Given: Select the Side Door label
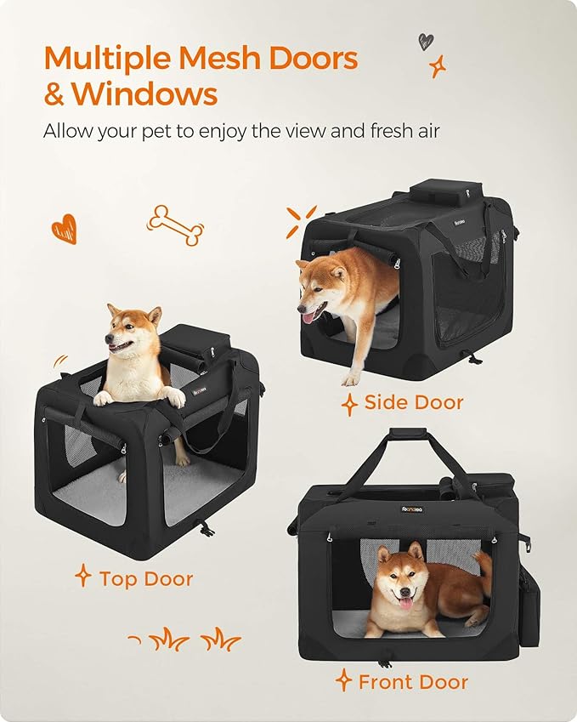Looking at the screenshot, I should (414, 402).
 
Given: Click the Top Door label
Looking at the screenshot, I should (145, 579).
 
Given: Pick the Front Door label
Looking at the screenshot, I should (413, 681).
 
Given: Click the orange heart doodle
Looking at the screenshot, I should (64, 228).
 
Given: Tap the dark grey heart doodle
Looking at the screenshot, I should (426, 41).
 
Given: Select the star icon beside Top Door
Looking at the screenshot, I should (82, 577).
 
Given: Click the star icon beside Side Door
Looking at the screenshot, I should (349, 403).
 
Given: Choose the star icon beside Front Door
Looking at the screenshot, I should (343, 680).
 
